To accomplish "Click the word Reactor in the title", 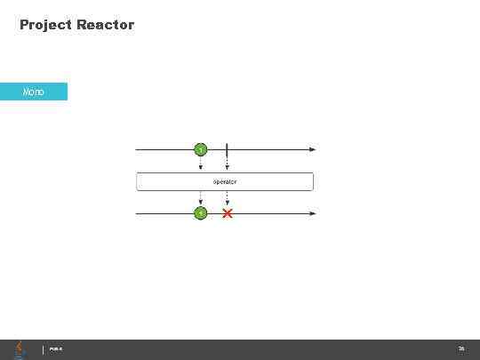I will point(106,25).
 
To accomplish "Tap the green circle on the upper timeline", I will point(201,149).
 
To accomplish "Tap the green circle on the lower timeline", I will point(201,213).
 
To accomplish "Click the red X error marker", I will point(228,213).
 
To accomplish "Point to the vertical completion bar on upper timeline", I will point(228,149).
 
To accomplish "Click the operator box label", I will point(225,181).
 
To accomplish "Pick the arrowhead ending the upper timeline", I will point(312,149).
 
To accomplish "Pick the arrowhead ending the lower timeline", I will point(312,213).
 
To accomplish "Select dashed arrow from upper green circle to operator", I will point(201,164).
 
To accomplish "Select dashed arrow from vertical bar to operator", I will point(228,164).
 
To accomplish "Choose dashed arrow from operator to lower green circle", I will point(201,198).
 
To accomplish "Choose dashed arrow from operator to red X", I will point(228,198).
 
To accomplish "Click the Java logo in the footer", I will point(20,348).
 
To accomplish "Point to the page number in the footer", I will point(461,349).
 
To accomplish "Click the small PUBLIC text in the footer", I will point(56,349).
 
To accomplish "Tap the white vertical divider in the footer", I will point(44,349).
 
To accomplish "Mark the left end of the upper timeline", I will point(136,149).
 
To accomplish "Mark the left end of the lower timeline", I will point(136,213).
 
